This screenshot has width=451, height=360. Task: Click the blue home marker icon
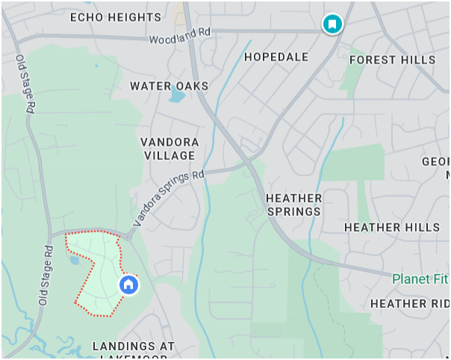click(128, 285)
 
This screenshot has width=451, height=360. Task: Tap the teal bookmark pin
click(332, 24)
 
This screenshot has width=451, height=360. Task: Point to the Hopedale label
click(276, 57)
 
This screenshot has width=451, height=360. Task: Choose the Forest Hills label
click(392, 60)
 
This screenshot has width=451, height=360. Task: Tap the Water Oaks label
click(169, 86)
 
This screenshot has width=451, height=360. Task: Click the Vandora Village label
click(169, 149)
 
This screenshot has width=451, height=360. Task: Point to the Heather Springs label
click(293, 205)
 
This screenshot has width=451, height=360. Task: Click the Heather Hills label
click(392, 227)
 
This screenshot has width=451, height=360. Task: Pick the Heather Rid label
click(409, 303)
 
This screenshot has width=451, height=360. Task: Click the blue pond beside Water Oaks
click(176, 95)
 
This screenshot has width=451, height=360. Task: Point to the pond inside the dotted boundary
click(75, 261)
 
